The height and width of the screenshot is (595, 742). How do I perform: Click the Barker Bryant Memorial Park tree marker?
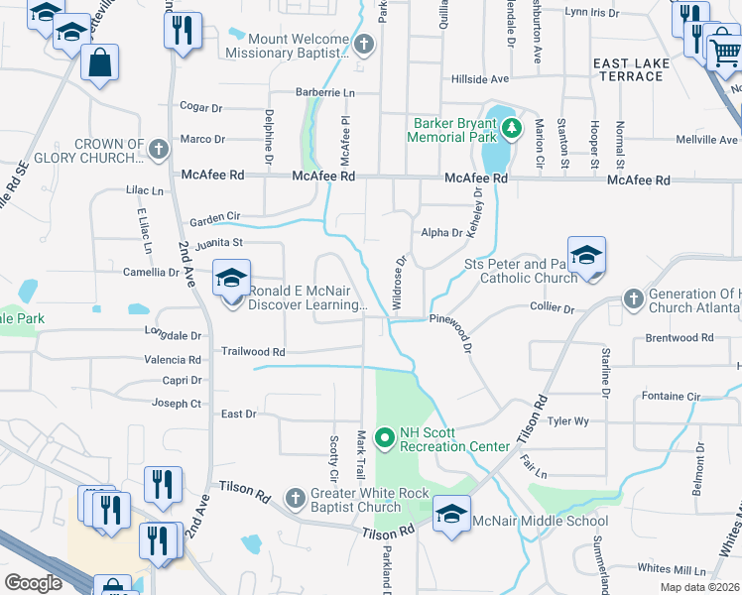(511, 128)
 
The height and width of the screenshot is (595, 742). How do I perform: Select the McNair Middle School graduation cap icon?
(451, 515)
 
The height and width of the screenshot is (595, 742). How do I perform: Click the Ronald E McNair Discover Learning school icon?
(231, 279)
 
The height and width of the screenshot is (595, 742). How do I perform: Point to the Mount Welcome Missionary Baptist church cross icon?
(364, 44)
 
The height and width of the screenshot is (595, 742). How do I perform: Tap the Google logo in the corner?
(33, 583)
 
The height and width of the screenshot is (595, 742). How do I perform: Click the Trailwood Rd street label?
(252, 352)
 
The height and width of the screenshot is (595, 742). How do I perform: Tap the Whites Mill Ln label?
(672, 569)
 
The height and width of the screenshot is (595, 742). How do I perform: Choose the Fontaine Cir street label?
(671, 397)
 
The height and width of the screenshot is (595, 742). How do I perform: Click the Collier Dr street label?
(553, 309)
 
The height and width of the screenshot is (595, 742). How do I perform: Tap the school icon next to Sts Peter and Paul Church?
(586, 255)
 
